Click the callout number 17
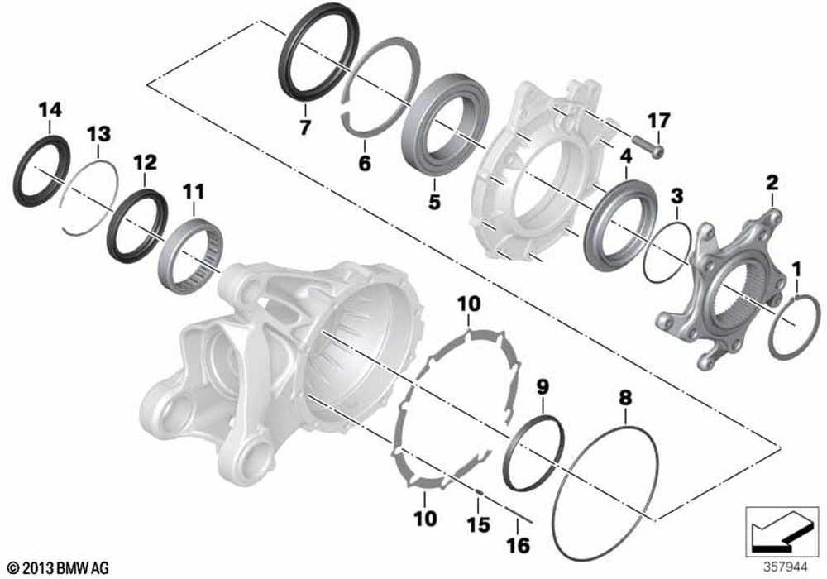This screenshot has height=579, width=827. tap(659, 120)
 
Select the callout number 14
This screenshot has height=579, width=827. tap(50, 110)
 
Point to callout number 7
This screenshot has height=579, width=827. tap(304, 127)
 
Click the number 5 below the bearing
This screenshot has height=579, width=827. tap(434, 202)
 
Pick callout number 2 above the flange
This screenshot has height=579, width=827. tap(772, 183)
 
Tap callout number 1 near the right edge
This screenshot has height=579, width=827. tap(796, 270)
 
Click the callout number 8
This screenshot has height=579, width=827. tap(625, 398)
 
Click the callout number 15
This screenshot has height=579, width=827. tap(478, 524)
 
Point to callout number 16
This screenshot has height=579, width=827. tap(519, 545)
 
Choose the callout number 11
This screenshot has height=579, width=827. tap(194, 191)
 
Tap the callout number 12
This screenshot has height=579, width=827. tap(145, 162)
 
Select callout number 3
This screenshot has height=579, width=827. tap(676, 196)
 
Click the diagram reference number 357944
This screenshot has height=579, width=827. tap(786, 567)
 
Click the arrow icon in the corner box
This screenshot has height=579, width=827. tap(782, 533)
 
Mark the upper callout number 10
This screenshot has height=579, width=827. tap(470, 304)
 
